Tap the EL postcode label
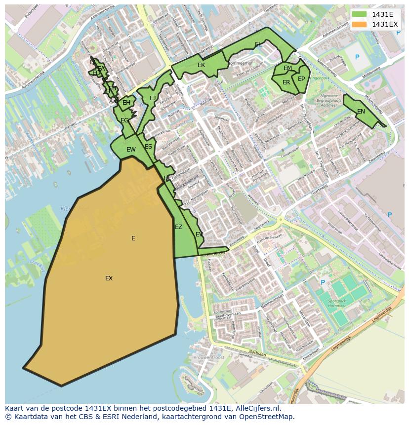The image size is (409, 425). [258, 44]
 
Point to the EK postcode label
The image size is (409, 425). [201, 65]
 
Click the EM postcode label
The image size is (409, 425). [287, 68]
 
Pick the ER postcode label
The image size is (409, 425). [286, 82]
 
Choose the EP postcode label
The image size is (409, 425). [301, 79]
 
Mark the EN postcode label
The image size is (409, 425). [361, 112]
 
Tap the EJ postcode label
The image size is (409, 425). [153, 98]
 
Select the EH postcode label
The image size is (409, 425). [126, 103]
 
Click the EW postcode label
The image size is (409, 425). [131, 150]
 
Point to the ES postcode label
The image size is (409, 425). [149, 147]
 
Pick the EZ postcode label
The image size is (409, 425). [179, 227]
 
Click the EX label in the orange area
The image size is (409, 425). [109, 278]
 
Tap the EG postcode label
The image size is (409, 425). [124, 120]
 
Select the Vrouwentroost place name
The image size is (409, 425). [209, 357]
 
